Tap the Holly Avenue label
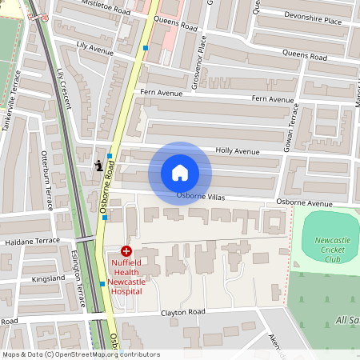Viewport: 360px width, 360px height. coord(238,150)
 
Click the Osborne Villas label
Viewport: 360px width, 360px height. coord(200,196)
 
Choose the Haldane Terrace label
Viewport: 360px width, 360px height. coord(32,240)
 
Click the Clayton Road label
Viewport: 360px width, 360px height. coord(183,312)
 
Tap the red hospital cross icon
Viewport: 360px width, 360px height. coord(126,251)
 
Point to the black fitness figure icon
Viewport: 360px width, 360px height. coord(98,166)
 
